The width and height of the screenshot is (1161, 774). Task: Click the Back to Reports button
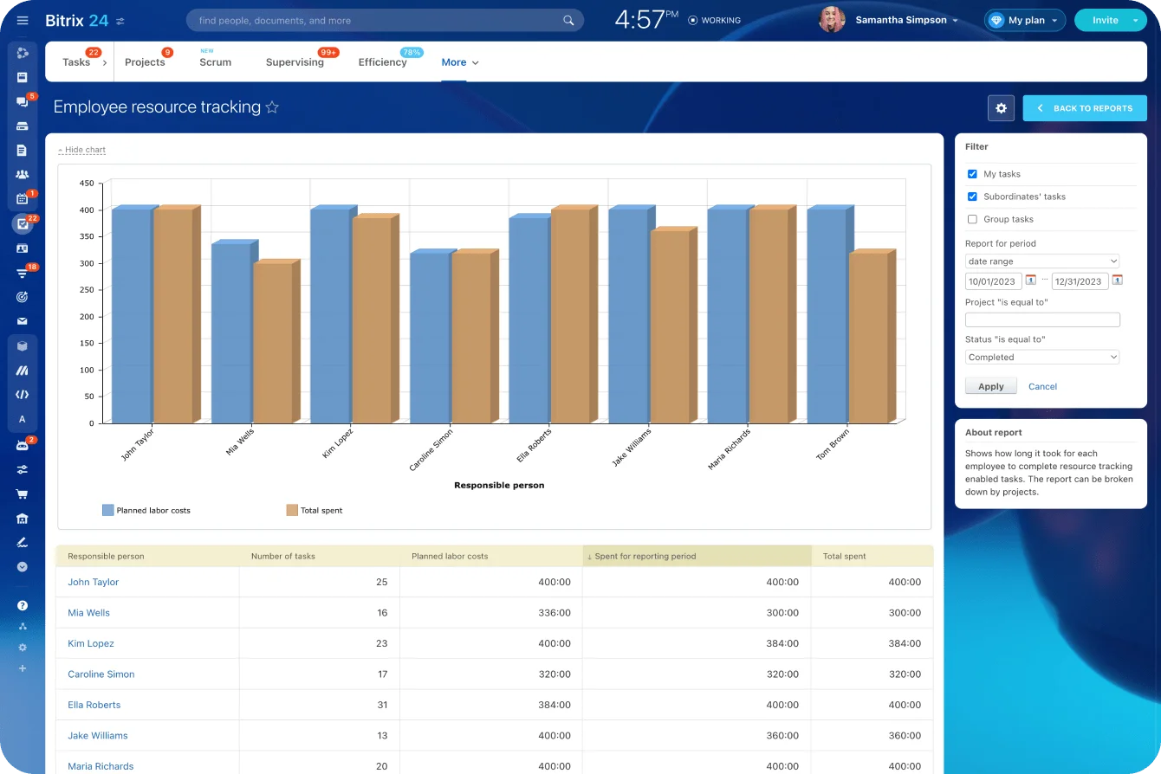pos(1084,108)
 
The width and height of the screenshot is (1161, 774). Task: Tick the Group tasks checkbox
pos(972,220)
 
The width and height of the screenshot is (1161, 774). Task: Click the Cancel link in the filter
pos(1042,387)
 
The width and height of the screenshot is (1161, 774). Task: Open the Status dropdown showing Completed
pos(1041,358)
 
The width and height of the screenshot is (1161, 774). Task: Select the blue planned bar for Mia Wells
pos(230,333)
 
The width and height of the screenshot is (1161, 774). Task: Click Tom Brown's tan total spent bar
pos(868,338)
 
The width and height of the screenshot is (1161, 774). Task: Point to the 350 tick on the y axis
pos(86,236)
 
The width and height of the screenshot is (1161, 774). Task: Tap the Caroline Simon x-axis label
pos(431,449)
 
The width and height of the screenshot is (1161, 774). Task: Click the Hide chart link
pos(82,150)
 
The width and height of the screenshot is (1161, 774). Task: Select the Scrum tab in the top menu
pos(215,62)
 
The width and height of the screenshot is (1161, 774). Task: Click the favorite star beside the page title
pos(272,107)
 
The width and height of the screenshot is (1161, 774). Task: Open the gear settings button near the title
pos(1001,108)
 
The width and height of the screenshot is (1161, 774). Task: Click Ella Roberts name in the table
pos(94,705)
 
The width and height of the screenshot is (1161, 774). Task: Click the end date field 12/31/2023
pos(1079,281)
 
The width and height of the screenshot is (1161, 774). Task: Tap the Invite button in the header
pos(1105,20)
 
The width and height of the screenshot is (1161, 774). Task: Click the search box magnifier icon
pos(568,20)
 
